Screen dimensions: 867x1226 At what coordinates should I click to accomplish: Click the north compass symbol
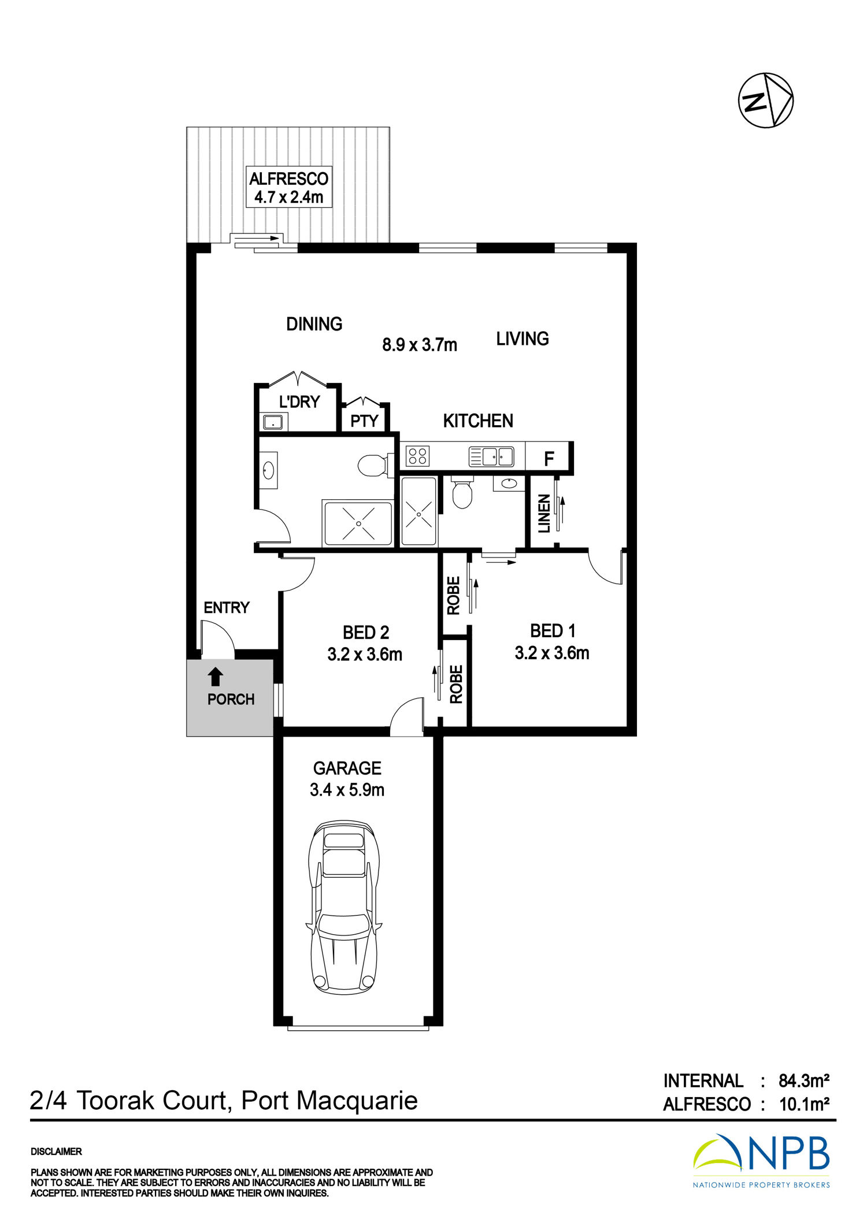765,100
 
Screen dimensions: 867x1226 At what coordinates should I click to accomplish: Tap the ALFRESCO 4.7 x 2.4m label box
289,187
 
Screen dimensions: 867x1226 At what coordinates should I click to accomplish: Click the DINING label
314,324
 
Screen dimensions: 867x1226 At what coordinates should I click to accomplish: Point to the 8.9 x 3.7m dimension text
420,345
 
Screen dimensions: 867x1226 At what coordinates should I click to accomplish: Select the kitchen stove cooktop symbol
417,456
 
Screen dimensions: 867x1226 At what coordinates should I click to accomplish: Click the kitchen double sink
491,456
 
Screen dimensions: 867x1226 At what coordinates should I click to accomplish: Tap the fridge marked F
549,459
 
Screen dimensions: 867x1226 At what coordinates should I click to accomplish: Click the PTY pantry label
364,421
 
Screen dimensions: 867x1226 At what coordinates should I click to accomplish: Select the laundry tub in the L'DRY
272,422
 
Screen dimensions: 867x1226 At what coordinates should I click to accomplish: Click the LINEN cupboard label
544,514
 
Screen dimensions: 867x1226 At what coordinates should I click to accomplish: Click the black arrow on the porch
216,677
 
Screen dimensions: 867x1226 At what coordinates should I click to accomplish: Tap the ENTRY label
227,608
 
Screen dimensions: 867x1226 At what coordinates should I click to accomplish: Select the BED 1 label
553,630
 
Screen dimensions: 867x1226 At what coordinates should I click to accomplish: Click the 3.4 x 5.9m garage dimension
347,790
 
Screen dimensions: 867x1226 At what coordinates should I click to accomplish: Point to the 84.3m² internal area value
804,1080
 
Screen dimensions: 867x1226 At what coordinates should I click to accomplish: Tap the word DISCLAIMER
56,1151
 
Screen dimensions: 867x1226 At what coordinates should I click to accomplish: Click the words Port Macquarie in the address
329,1101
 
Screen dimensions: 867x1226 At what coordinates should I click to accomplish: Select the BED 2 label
366,633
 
